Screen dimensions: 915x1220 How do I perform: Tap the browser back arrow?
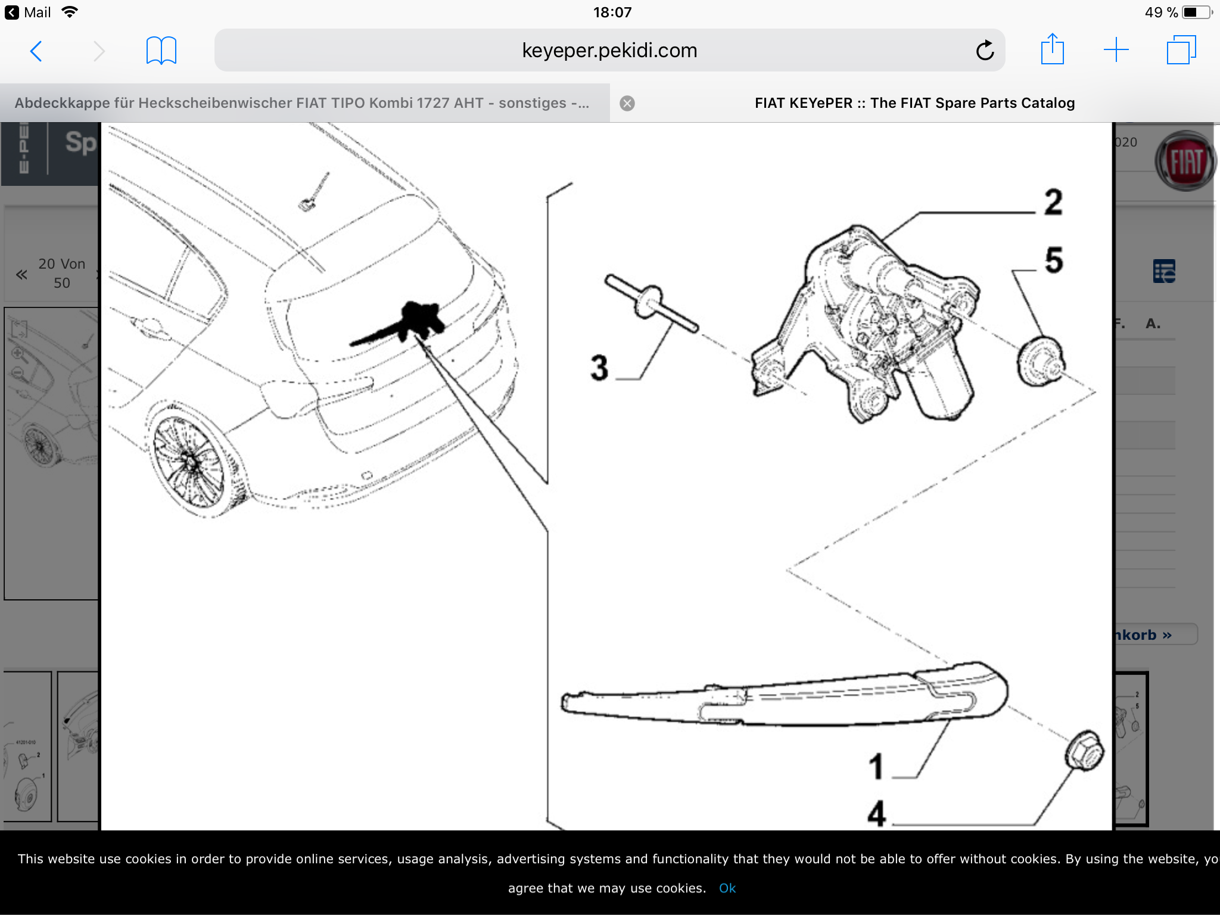pos(36,51)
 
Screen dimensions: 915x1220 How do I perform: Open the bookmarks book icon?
pos(161,51)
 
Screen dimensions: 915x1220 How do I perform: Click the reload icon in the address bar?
pos(985,51)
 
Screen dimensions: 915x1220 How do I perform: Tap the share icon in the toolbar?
pos(1052,50)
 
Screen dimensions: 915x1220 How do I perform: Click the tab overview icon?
pos(1181,50)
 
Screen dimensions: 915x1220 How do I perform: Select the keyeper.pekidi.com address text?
pos(609,51)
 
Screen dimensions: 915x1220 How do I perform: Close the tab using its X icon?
pos(627,104)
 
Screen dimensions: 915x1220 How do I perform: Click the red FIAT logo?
pos(1185,161)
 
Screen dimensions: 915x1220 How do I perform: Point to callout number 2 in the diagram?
pos(1053,203)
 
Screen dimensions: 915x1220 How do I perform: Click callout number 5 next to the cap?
pos(1054,260)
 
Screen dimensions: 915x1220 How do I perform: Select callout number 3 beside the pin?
pos(599,367)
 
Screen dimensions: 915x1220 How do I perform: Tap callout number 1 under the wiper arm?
pos(876,767)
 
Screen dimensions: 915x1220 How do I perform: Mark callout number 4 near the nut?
pos(876,814)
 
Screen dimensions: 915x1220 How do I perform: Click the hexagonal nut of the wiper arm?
pos(1084,751)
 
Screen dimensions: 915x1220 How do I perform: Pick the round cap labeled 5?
pos(1040,362)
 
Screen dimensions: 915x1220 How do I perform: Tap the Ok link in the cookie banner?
pos(727,888)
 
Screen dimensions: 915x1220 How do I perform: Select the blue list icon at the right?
pos(1164,272)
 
